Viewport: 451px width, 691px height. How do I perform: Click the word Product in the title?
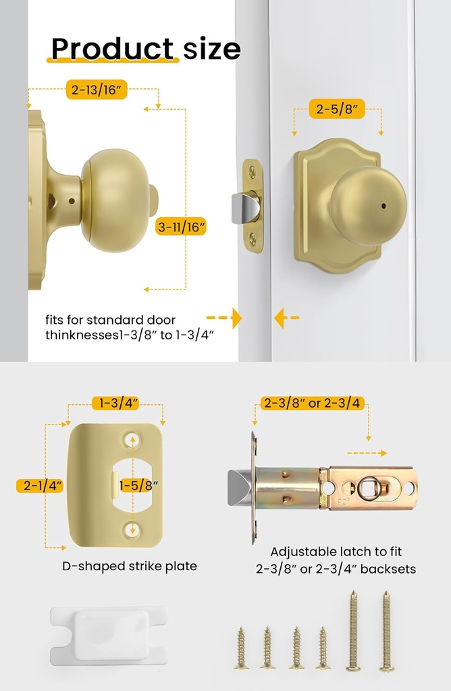pyautogui.click(x=112, y=49)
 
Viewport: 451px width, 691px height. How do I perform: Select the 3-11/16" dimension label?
pyautogui.click(x=180, y=227)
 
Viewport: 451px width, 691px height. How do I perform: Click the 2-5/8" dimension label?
pyautogui.click(x=337, y=108)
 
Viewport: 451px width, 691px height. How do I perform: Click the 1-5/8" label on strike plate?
pyautogui.click(x=139, y=485)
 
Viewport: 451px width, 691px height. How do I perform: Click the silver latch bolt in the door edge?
pyautogui.click(x=244, y=207)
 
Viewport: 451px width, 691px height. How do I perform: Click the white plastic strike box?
pyautogui.click(x=109, y=634)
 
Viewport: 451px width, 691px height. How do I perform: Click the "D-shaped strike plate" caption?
pyautogui.click(x=130, y=566)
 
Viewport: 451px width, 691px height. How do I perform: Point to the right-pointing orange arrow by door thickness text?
pyautogui.click(x=225, y=317)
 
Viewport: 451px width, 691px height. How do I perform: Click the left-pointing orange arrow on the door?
pyautogui.click(x=286, y=317)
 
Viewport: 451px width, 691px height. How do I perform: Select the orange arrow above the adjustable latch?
pyautogui.click(x=369, y=453)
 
